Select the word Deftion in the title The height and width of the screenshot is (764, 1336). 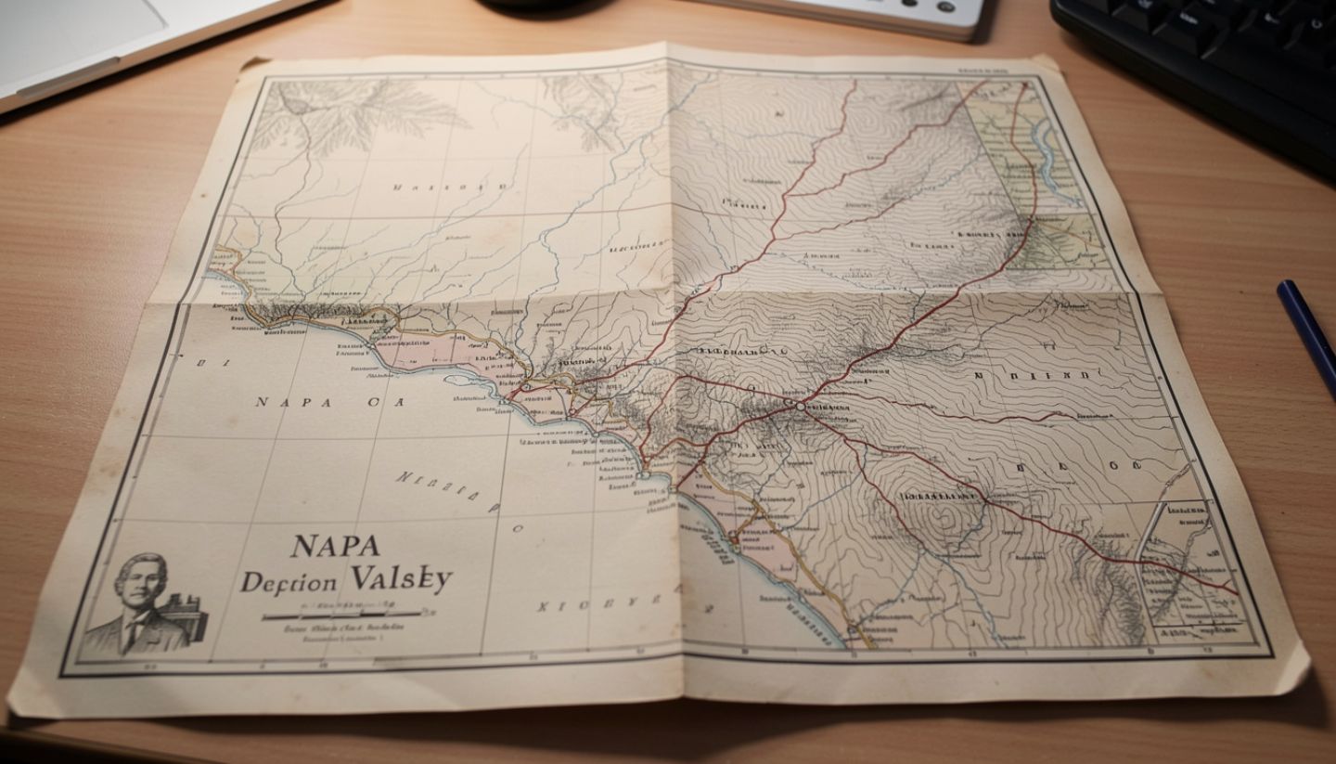tap(289, 582)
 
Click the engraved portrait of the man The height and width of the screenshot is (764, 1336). tap(139, 603)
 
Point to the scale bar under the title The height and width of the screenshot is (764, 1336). tap(343, 613)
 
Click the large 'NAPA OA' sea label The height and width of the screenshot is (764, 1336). tap(329, 402)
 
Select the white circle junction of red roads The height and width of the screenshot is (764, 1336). tap(799, 406)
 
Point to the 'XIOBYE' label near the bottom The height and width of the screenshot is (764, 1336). tap(584, 607)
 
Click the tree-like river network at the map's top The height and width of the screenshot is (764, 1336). tap(362, 111)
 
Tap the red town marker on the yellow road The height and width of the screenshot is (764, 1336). tap(733, 537)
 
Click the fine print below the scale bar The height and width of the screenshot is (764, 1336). tap(325, 633)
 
